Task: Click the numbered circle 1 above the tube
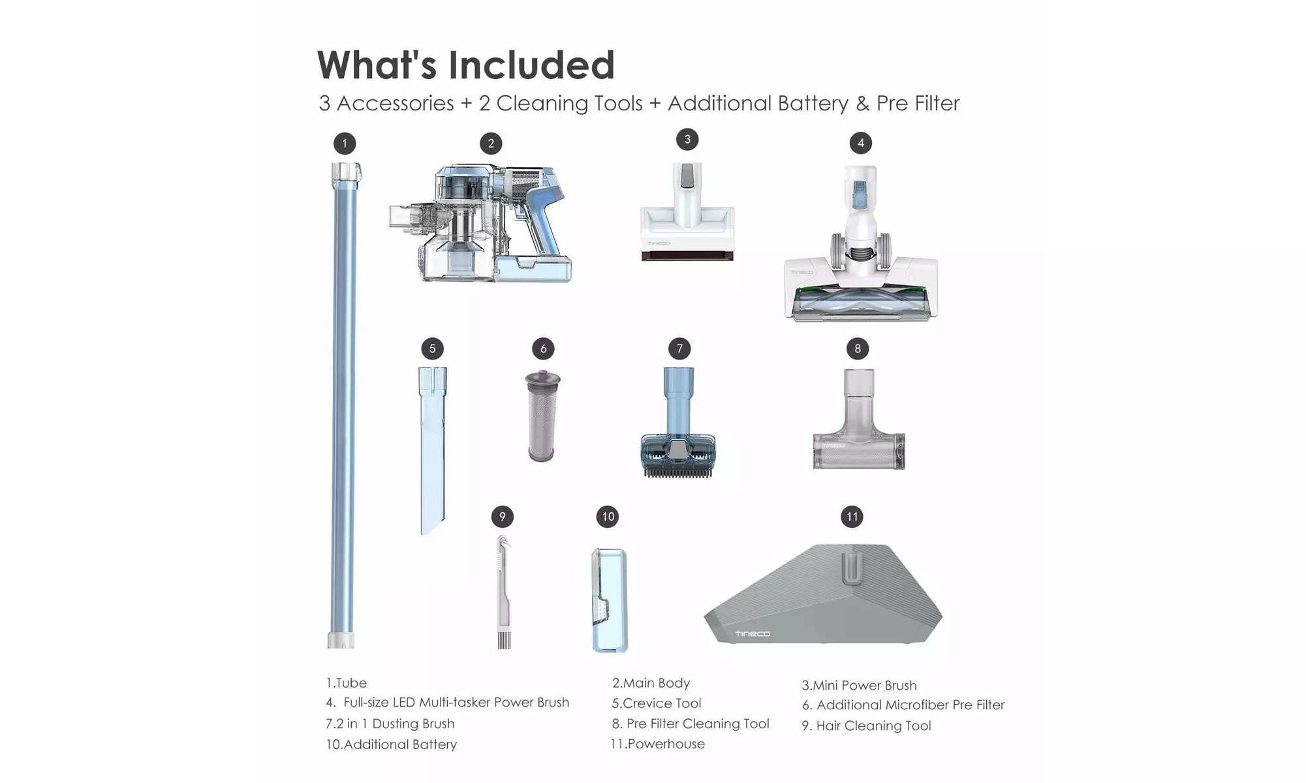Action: point(345,144)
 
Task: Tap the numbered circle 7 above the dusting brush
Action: point(679,348)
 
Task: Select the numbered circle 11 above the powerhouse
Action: point(852,517)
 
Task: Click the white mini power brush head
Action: point(687,212)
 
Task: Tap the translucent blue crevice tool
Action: point(432,450)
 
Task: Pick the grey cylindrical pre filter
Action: point(542,416)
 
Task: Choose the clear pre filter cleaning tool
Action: point(858,419)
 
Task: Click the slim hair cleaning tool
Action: point(503,592)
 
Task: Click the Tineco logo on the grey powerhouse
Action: point(753,634)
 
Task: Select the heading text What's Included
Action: point(466,65)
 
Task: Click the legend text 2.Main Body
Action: point(651,683)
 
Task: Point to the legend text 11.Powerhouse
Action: point(657,744)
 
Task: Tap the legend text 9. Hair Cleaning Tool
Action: point(866,726)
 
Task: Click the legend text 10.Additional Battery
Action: point(391,745)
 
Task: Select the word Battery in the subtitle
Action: point(813,103)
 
